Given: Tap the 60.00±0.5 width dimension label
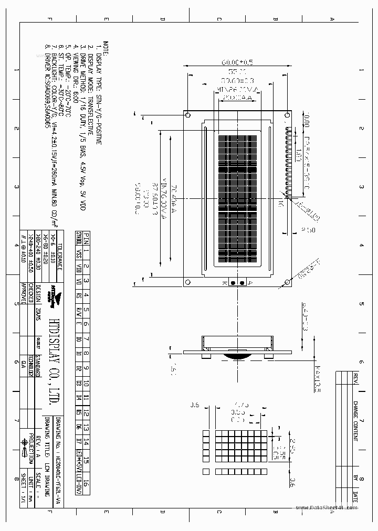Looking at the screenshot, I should (237, 62).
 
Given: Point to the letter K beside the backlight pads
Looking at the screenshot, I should (225, 283).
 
